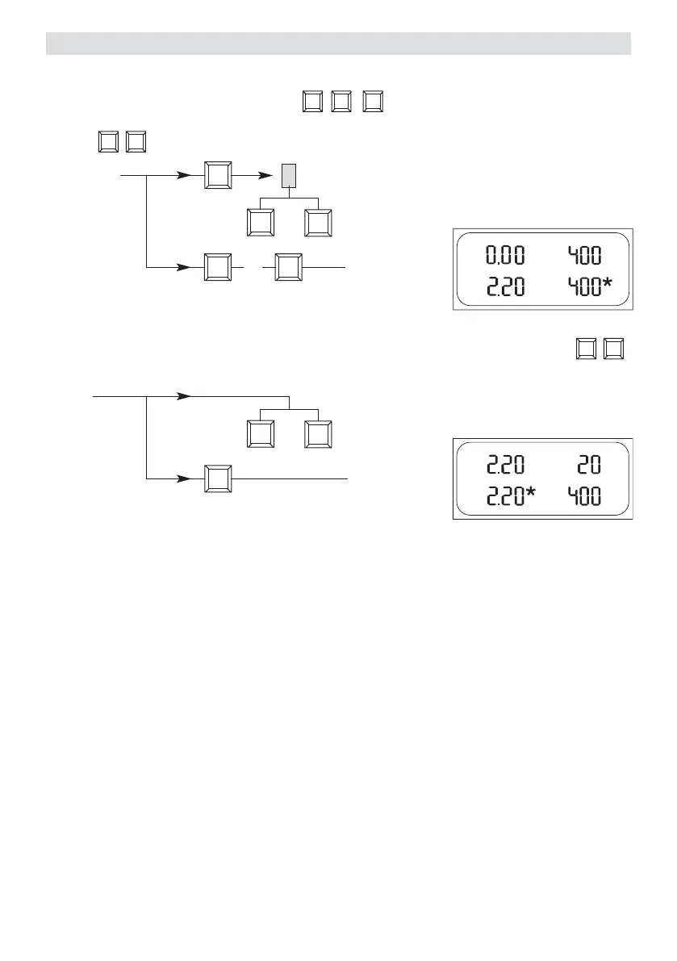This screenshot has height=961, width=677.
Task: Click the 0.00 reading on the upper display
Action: point(504,256)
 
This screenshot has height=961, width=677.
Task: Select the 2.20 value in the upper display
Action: point(504,288)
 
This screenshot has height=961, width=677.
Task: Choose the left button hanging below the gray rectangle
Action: point(260,223)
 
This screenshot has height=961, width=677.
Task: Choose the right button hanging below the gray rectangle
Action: point(319,223)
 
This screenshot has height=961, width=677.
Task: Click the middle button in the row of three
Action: point(341,102)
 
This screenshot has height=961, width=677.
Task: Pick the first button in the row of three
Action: point(312,102)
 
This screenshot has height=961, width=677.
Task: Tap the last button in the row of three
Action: point(373,102)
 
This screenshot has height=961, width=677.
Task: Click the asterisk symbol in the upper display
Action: point(608,285)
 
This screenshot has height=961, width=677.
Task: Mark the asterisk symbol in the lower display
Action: point(533,492)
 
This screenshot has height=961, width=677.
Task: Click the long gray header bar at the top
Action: point(338,44)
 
